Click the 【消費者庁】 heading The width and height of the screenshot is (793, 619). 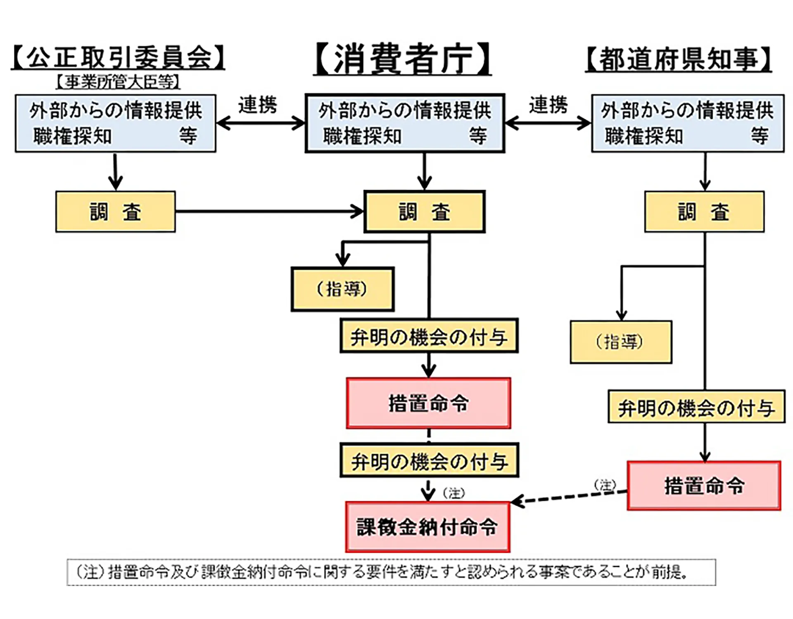(x=403, y=59)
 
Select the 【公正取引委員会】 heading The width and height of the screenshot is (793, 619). (x=118, y=57)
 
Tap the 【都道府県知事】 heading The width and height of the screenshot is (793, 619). (x=678, y=59)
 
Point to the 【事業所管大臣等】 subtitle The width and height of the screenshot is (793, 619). (x=118, y=82)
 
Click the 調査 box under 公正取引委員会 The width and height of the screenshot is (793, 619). (x=115, y=212)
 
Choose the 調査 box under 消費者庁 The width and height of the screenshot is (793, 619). (x=424, y=212)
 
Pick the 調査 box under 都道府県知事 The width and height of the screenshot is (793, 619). (x=704, y=212)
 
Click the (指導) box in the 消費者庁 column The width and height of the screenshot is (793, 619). (x=342, y=289)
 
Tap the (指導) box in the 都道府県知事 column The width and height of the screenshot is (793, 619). (x=621, y=342)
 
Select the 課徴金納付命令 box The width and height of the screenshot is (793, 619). (x=428, y=527)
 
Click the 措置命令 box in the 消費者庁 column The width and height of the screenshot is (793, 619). (x=428, y=403)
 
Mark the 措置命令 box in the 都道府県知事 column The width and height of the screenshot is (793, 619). (x=704, y=486)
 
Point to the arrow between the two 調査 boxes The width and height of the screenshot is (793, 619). (x=268, y=212)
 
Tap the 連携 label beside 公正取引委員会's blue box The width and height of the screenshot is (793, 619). (x=257, y=105)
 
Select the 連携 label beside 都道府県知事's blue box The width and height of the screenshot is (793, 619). (x=548, y=105)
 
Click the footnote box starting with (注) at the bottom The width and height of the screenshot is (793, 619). (x=391, y=572)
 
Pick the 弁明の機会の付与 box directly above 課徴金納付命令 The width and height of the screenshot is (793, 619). (x=429, y=461)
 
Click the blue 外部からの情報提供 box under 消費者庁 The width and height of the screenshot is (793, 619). (x=405, y=123)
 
